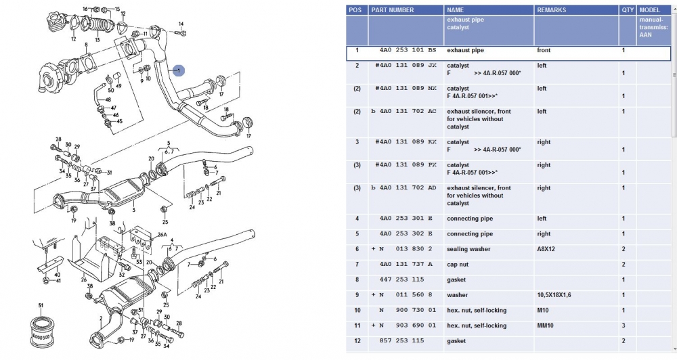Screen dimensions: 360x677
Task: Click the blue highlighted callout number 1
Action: click(178, 70)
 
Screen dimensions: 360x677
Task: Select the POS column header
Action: click(355, 10)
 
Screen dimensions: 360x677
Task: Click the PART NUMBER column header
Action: click(392, 10)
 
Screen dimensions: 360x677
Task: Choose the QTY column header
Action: click(627, 10)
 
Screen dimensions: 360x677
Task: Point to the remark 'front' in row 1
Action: click(544, 50)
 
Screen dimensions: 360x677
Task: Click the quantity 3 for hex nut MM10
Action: click(623, 325)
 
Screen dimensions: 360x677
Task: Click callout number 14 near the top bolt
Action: click(181, 24)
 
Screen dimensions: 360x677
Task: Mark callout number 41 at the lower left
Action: click(58, 280)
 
